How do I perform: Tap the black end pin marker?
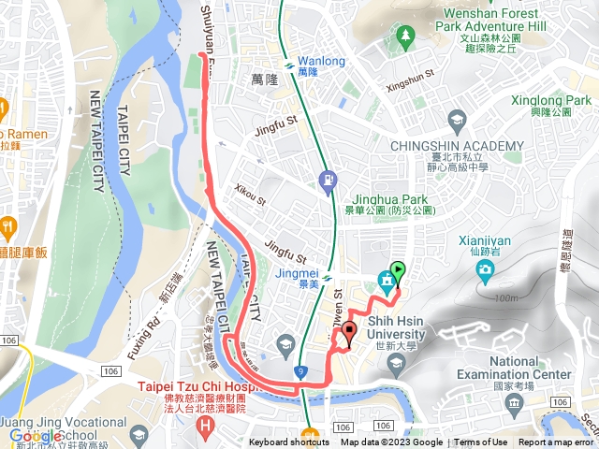[x=350, y=331]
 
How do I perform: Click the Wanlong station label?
[x=321, y=62]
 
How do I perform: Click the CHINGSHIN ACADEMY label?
[x=456, y=146]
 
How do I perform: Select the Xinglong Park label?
[x=551, y=100]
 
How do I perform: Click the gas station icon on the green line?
[x=327, y=179]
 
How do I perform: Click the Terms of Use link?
[x=481, y=442]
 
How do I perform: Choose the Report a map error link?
[x=558, y=442]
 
